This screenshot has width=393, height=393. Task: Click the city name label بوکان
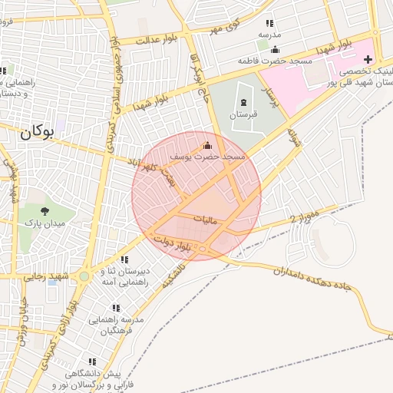tap(37, 131)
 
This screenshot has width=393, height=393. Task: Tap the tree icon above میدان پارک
tap(45, 210)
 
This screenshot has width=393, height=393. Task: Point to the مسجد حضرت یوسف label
tap(207, 156)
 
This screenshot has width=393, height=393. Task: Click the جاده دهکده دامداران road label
tap(315, 279)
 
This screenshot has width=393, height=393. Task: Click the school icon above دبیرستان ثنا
tap(124, 259)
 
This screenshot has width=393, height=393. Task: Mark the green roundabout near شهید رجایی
tap(84, 275)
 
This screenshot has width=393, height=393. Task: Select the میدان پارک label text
tap(45, 223)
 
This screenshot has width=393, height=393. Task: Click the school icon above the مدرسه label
tap(269, 24)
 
